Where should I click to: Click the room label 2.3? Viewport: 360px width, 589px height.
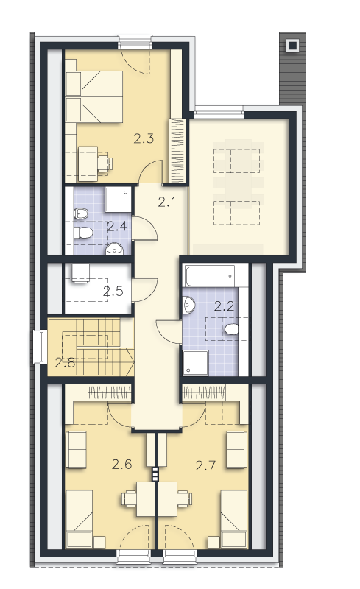pos(144,138)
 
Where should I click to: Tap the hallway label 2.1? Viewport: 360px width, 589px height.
pos(167,202)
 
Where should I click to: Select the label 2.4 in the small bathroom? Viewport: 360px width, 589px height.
pos(117,226)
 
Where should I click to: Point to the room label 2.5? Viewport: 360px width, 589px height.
pos(113,291)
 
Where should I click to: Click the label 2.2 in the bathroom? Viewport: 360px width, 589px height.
pos(224,306)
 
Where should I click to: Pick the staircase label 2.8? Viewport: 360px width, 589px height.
pos(65,362)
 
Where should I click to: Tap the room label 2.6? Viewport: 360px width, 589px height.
pos(121,465)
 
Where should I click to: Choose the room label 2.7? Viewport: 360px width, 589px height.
pos(205,466)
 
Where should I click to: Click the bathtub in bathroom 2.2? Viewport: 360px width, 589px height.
pos(209,277)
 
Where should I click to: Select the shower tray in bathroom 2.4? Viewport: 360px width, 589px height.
pos(118,199)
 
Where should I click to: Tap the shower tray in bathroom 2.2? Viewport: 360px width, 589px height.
pos(195,363)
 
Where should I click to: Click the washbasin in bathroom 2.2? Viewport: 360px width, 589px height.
pos(189,304)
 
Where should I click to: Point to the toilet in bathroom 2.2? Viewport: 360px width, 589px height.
pos(231,329)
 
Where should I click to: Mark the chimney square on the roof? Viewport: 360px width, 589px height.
pos(292,46)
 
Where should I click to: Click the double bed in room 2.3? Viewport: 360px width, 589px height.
pos(94,96)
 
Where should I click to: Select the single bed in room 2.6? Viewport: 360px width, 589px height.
pos(80,518)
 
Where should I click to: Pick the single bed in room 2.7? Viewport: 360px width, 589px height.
pos(233,518)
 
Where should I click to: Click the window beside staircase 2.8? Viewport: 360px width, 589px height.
pos(38,347)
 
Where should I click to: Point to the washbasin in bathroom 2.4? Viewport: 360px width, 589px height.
pos(114,249)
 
